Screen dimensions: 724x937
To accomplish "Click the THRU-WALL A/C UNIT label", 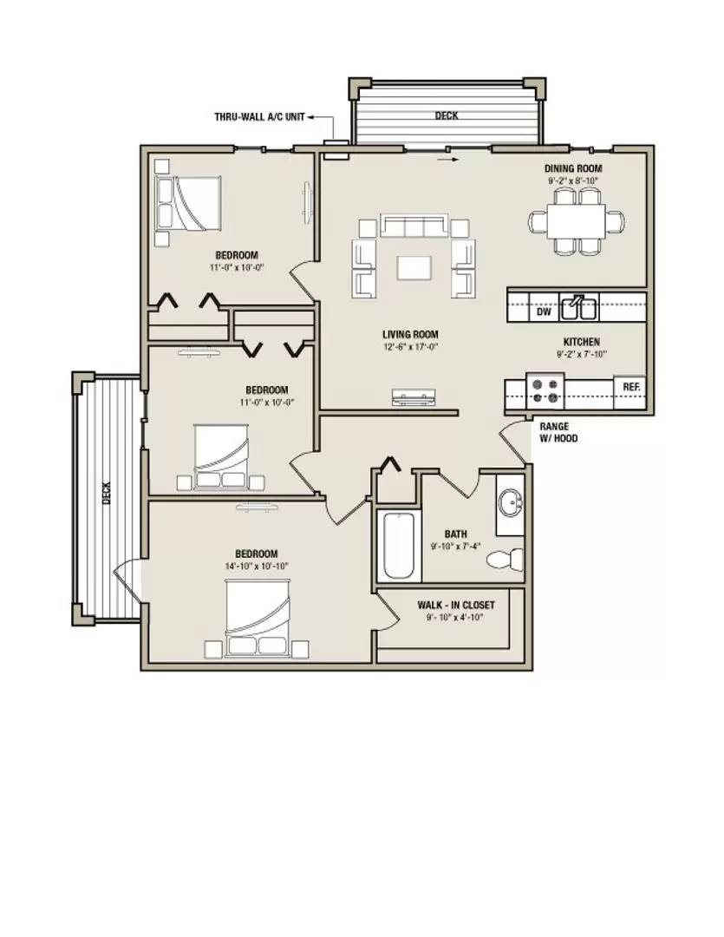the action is (x=259, y=117).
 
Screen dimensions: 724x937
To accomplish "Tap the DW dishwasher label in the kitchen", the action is (x=543, y=311).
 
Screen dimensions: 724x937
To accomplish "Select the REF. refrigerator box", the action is (x=631, y=387).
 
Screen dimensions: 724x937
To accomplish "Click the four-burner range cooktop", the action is (x=545, y=390).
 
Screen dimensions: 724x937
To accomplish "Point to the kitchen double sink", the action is (x=578, y=308).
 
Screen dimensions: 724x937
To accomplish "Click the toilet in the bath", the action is (x=505, y=559).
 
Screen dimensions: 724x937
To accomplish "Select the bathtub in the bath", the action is (x=398, y=546).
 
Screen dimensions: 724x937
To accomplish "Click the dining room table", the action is (x=577, y=222).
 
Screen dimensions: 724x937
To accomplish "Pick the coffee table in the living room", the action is (x=414, y=267).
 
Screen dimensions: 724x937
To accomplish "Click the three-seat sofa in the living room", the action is (x=414, y=226).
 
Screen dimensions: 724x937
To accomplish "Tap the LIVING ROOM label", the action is (x=410, y=335).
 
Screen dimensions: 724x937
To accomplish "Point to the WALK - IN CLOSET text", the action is (x=456, y=605).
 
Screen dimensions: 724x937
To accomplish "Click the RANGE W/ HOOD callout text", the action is (x=558, y=432).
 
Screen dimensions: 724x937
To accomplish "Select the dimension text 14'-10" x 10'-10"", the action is (x=257, y=566).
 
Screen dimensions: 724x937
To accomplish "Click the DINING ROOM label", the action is (x=573, y=168).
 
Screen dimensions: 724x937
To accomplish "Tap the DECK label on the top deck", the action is (x=447, y=115).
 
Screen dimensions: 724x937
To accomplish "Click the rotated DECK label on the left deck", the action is (x=107, y=493).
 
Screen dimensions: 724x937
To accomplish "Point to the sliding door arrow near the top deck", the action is (x=448, y=160).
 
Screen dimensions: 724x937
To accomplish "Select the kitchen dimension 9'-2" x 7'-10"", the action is (x=581, y=354).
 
